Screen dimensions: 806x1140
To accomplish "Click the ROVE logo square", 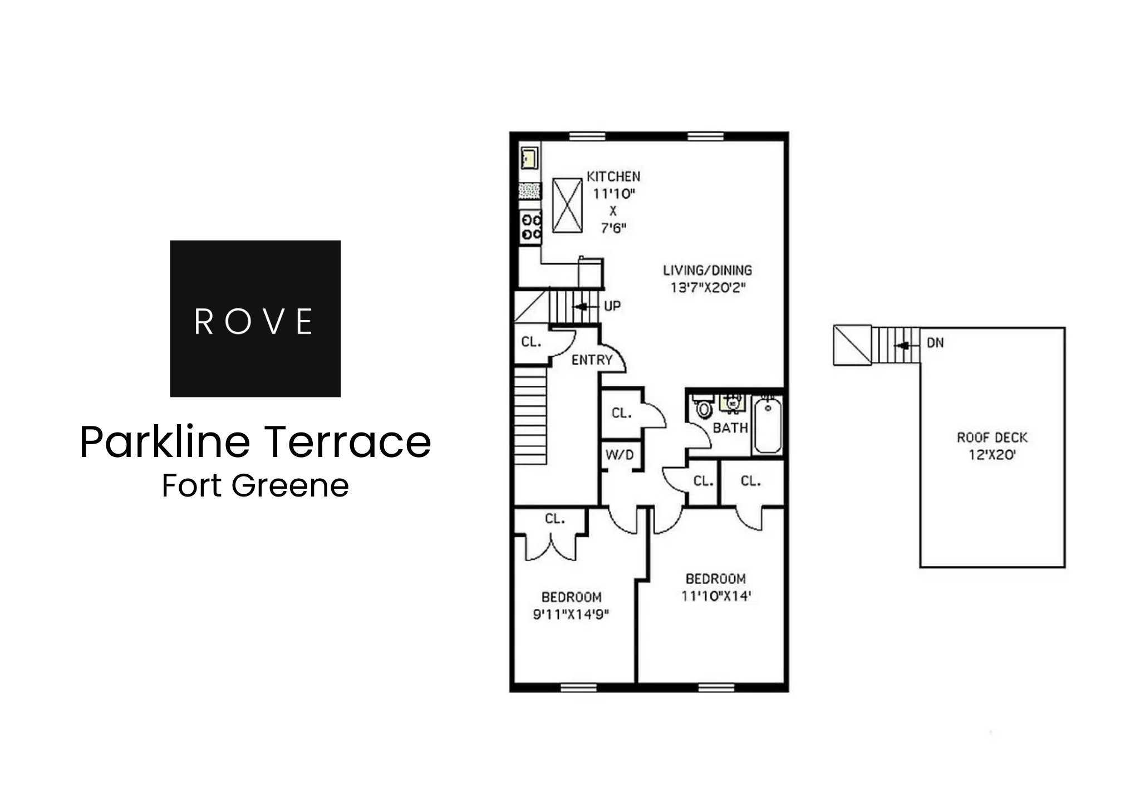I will tap(255, 318).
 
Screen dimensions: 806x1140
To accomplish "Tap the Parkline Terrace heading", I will tap(255, 442).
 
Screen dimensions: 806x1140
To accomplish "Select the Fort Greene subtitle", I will tap(255, 485).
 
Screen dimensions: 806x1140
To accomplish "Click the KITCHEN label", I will tap(613, 177).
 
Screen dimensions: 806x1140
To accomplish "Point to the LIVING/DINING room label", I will tap(707, 271).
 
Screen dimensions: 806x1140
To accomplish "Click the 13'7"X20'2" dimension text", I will tap(707, 288).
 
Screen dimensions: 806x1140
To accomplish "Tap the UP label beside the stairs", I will tap(612, 306).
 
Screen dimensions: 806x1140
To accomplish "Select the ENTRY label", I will tap(592, 360).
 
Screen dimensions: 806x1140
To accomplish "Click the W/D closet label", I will tap(620, 455).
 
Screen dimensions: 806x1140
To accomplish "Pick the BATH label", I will tap(730, 428).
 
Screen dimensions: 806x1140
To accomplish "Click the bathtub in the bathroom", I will tap(767, 424).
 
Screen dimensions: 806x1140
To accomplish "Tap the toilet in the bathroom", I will tap(704, 409).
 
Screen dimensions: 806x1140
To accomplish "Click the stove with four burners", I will tap(530, 227).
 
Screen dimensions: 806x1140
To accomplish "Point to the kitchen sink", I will tap(529, 158).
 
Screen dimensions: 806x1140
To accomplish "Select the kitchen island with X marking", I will tap(567, 205).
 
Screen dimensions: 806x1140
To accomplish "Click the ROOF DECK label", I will tap(992, 438).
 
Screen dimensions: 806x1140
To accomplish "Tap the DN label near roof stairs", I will tap(935, 343).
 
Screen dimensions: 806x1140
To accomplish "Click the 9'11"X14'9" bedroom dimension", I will tap(571, 615).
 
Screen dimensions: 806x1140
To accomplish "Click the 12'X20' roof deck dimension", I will tap(992, 455).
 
